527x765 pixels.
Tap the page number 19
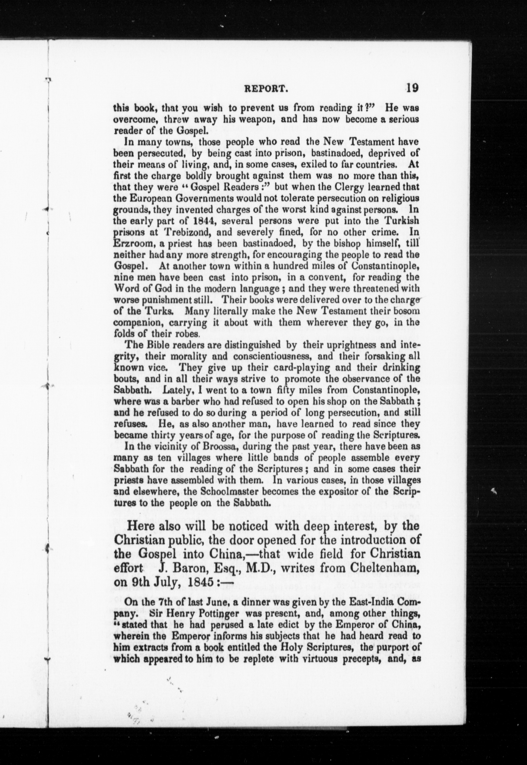click(x=413, y=88)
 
